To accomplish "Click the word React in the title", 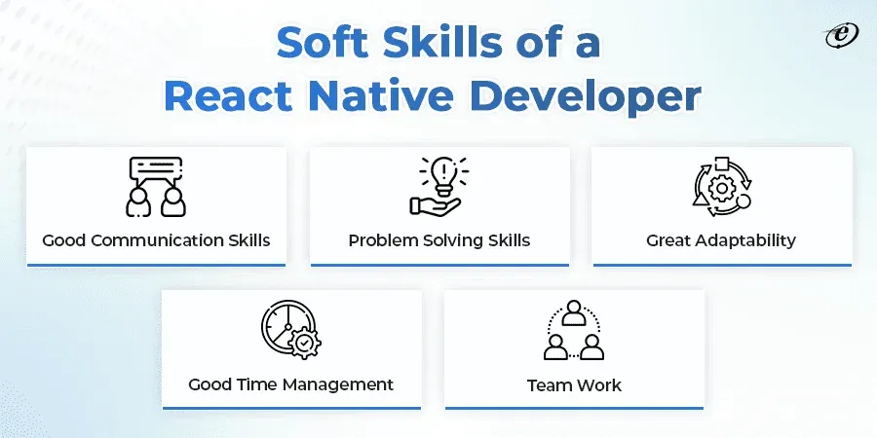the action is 228,96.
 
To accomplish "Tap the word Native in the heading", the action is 381,96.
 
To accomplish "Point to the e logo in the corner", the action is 842,36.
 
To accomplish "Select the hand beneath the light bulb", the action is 435,206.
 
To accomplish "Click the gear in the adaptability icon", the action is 721,188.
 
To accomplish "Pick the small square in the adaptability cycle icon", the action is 721,164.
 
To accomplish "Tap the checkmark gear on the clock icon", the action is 304,342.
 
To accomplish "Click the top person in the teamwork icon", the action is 574,312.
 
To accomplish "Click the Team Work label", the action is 574,385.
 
